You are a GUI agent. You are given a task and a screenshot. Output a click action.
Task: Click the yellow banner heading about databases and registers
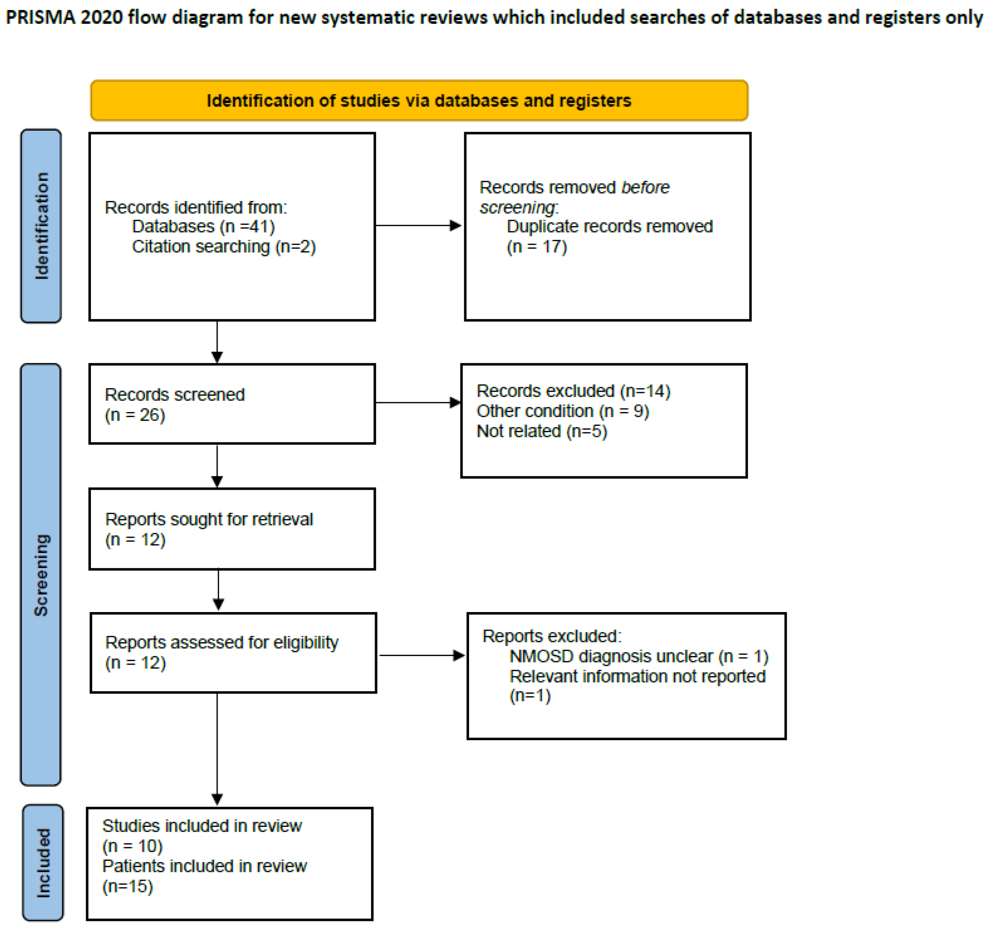click(x=419, y=100)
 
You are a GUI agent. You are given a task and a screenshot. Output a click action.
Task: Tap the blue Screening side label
click(x=41, y=575)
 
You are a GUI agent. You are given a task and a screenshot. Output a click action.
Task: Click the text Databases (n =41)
click(x=203, y=227)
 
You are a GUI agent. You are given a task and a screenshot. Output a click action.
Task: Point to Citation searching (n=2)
click(x=224, y=247)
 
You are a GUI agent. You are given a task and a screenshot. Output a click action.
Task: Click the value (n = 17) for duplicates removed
click(x=537, y=247)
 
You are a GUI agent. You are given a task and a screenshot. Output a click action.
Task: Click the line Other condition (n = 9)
click(x=563, y=411)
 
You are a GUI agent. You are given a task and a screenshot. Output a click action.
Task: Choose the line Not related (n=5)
click(x=542, y=431)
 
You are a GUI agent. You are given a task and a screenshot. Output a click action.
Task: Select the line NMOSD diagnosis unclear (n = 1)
click(x=639, y=657)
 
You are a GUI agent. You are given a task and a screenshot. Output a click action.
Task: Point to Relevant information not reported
click(x=638, y=676)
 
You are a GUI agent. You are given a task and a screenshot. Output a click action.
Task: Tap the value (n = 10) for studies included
click(x=132, y=846)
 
